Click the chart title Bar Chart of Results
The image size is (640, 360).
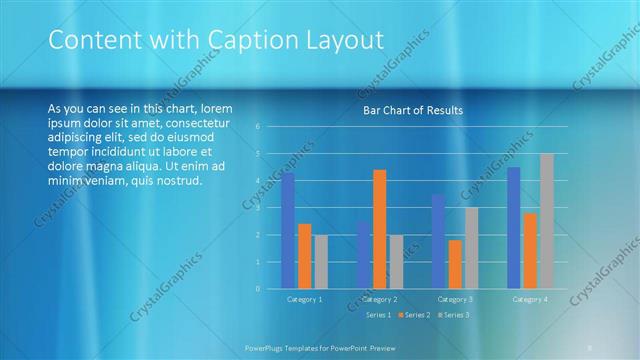tap(412, 110)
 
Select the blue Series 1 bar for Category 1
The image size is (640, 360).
tap(288, 231)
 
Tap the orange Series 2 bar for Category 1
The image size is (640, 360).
tap(304, 256)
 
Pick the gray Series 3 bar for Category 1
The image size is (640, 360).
tap(320, 262)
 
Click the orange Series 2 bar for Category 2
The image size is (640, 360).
tap(380, 229)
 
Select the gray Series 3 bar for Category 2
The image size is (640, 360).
tap(396, 262)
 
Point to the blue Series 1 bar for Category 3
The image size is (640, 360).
tap(438, 241)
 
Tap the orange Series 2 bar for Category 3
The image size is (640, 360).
tap(455, 264)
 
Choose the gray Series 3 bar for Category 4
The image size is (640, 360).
tap(546, 221)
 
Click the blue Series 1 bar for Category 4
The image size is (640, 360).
tap(514, 228)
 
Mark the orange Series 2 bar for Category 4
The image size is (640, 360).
tap(530, 251)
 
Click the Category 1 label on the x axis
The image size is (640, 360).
tap(304, 299)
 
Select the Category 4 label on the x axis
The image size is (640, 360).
tap(530, 299)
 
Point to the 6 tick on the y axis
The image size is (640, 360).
tap(258, 127)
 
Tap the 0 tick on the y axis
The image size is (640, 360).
tap(258, 289)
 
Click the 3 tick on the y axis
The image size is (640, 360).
tap(258, 208)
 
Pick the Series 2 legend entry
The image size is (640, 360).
tap(416, 315)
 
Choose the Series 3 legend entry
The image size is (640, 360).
tap(454, 315)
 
